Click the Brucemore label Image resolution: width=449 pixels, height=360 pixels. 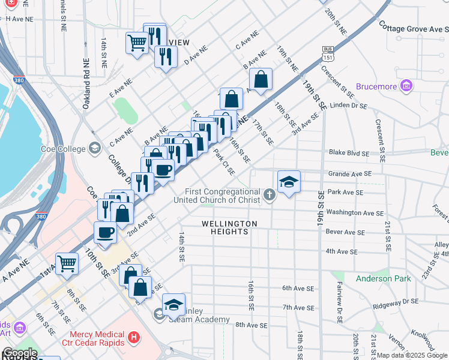376,86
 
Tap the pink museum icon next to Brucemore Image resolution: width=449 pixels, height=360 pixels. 406,86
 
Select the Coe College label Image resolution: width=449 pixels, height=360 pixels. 60,148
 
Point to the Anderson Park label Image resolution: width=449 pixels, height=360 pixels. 383,278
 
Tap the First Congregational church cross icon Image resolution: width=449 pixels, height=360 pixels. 270,194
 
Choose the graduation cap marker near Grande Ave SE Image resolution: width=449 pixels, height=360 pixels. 289,181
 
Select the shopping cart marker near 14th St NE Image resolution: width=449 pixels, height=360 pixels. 137,43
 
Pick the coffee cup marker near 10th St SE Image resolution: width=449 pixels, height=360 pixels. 106,233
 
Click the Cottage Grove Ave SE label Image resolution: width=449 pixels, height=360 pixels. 414,27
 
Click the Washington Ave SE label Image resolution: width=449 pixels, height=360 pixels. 355,213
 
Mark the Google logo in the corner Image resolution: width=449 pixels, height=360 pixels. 19,353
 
